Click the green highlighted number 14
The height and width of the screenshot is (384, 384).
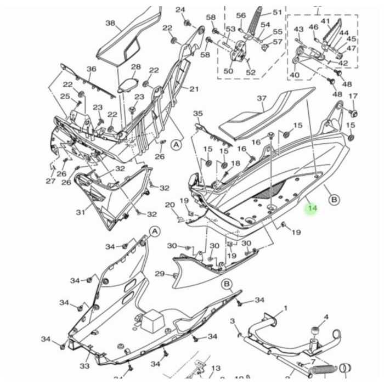[312, 208]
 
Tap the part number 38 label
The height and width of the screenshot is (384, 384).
[110, 23]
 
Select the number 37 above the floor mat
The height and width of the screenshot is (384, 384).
[262, 99]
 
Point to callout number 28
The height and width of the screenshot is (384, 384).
[135, 67]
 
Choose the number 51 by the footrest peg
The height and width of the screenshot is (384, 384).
[277, 12]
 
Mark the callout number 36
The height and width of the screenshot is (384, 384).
[91, 69]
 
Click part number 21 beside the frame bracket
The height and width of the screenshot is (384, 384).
[194, 89]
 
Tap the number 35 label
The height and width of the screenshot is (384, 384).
[197, 113]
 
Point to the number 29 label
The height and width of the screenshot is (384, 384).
[159, 274]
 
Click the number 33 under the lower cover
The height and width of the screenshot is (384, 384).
[84, 366]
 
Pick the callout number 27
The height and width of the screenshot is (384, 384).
[50, 181]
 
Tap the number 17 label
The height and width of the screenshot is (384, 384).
[353, 97]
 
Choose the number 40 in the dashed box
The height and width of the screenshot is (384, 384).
[295, 75]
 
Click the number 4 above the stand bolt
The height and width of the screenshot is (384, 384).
[326, 317]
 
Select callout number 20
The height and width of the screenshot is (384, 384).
[170, 205]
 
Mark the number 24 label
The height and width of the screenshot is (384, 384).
[180, 10]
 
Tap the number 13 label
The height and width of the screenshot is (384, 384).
[216, 368]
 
